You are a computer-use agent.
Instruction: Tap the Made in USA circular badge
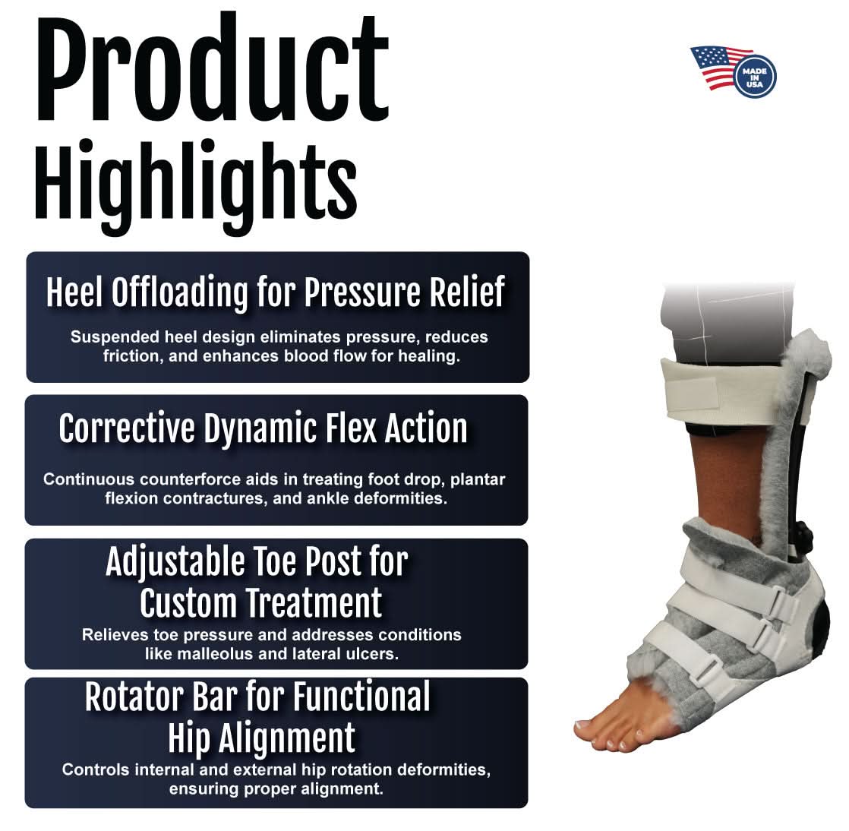tap(754, 77)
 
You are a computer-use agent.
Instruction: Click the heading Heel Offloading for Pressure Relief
tap(275, 292)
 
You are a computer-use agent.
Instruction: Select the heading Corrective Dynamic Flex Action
tap(263, 429)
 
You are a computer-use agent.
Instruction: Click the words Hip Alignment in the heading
tap(261, 738)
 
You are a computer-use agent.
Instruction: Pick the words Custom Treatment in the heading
tap(261, 605)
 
